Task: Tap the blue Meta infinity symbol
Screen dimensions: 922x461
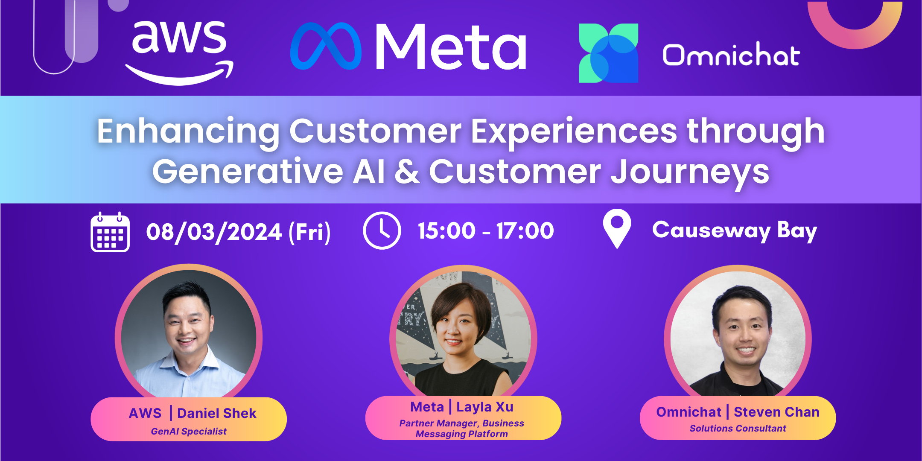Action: tap(326, 46)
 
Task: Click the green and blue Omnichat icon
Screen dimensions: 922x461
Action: tap(608, 53)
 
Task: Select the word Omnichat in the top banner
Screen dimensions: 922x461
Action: tap(731, 54)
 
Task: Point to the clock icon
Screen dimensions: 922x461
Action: tap(382, 230)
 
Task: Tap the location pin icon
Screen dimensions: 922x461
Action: tap(617, 229)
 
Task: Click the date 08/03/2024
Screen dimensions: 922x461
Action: tap(214, 232)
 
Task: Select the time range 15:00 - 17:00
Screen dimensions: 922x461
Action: tap(486, 231)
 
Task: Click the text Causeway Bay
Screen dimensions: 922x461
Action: tap(735, 231)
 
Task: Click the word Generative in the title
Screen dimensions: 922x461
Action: tap(248, 172)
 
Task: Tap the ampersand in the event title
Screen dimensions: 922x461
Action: tap(407, 172)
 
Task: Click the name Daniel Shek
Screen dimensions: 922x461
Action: tap(217, 413)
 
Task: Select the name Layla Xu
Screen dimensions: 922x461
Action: tap(485, 407)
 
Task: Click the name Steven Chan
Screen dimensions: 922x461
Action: tap(776, 412)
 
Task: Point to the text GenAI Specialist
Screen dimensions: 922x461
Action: tap(189, 432)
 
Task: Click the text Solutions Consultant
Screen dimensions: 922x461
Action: tap(738, 429)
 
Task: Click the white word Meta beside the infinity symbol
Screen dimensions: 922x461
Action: tap(451, 47)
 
